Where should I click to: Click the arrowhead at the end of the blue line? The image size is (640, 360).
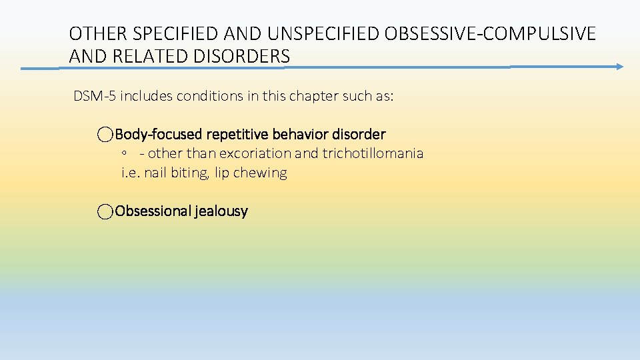pyautogui.click(x=619, y=67)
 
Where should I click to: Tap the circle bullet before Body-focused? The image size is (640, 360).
pyautogui.click(x=105, y=135)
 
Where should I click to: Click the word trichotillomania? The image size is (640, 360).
pyautogui.click(x=373, y=153)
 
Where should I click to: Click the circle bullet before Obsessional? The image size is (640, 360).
pyautogui.click(x=105, y=212)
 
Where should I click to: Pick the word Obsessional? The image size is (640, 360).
pyautogui.click(x=153, y=211)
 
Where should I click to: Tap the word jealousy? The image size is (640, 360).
pyautogui.click(x=221, y=211)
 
